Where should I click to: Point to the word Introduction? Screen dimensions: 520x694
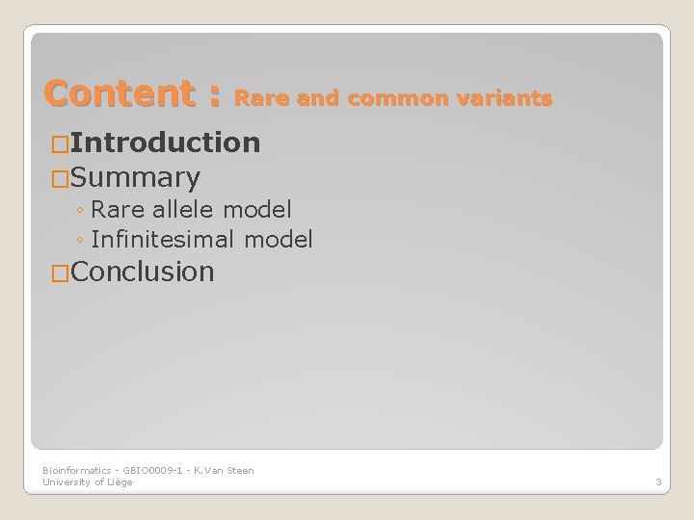[165, 143]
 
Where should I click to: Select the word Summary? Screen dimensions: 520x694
[136, 177]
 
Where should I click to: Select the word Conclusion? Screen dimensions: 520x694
[142, 273]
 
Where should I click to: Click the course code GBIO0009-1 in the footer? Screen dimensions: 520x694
[142, 470]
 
